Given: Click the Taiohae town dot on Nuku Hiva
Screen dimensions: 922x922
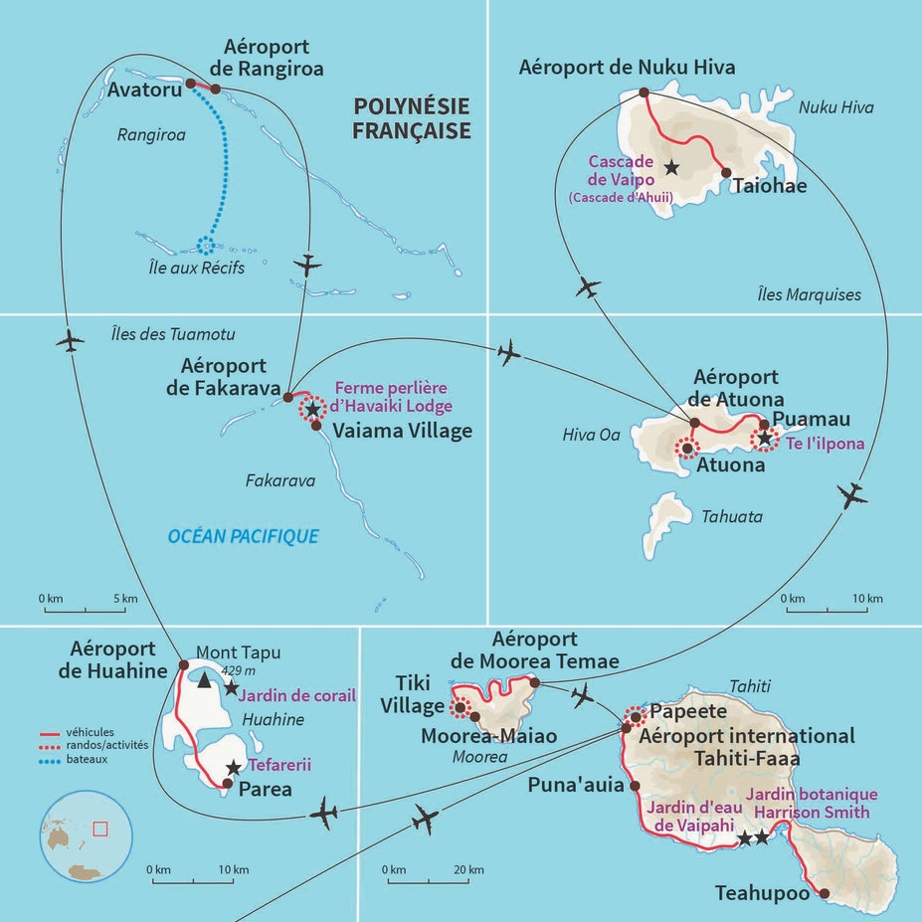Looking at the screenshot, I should pos(726,172).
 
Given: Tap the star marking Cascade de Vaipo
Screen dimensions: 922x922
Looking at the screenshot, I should pos(672,168).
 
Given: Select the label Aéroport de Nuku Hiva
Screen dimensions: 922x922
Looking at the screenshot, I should pos(627,68).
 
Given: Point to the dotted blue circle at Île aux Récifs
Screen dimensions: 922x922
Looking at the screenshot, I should pos(205,245).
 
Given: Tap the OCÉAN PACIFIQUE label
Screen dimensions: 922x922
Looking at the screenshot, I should pos(244,536).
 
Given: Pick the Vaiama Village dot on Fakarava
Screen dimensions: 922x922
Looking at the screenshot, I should pos(316,426).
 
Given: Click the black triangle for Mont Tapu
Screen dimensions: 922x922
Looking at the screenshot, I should pos(204,681).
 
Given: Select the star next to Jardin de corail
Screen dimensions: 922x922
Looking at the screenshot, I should pos(232,687).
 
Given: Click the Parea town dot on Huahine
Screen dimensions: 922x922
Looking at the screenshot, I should pos(228,784).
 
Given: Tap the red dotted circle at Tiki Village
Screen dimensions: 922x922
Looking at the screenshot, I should pos(460,708).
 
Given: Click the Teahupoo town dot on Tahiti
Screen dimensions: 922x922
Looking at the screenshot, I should pos(825,893).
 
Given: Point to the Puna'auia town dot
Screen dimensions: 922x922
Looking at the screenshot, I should pos(634,785).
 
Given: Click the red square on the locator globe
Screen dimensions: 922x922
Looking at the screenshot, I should pos(99,829).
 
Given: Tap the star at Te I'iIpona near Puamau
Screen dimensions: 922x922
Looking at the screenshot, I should pos(764,438).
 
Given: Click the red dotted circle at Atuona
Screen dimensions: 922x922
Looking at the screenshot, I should pos(685,449).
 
